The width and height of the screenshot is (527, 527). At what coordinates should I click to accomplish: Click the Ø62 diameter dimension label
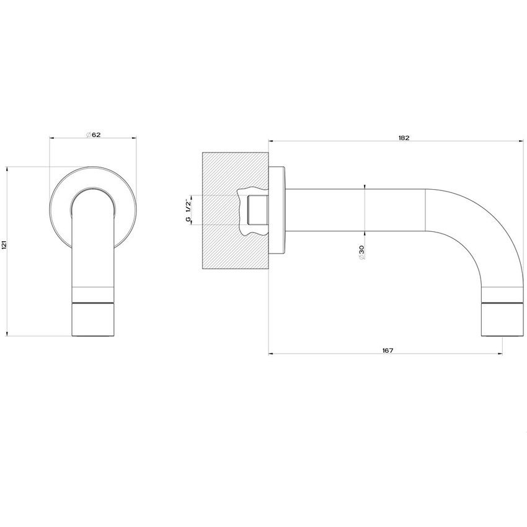[93, 135]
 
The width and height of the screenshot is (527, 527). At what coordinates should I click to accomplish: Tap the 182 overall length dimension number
[404, 138]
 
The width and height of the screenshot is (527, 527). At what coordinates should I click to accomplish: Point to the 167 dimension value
[387, 350]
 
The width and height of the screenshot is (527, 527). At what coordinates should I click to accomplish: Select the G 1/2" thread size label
[188, 211]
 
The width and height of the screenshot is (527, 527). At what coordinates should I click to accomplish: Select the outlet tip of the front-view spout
[93, 319]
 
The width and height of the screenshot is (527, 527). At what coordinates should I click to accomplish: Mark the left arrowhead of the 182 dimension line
[271, 141]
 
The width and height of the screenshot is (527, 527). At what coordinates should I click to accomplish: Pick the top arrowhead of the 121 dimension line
[6, 168]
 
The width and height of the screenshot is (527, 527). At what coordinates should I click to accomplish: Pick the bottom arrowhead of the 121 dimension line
[6, 334]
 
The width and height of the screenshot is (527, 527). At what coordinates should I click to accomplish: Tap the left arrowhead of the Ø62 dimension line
[51, 138]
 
